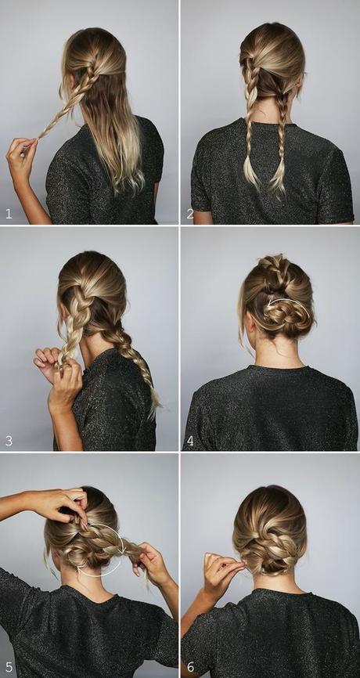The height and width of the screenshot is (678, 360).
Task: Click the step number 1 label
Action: point(9,213)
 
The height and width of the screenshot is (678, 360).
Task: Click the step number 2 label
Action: point(190,213)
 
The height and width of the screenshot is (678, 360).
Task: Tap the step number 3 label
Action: point(9,441)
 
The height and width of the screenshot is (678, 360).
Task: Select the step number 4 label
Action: point(190,441)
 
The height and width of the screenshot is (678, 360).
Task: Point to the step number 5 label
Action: point(9,667)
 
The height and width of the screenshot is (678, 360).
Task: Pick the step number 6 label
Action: point(190,667)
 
